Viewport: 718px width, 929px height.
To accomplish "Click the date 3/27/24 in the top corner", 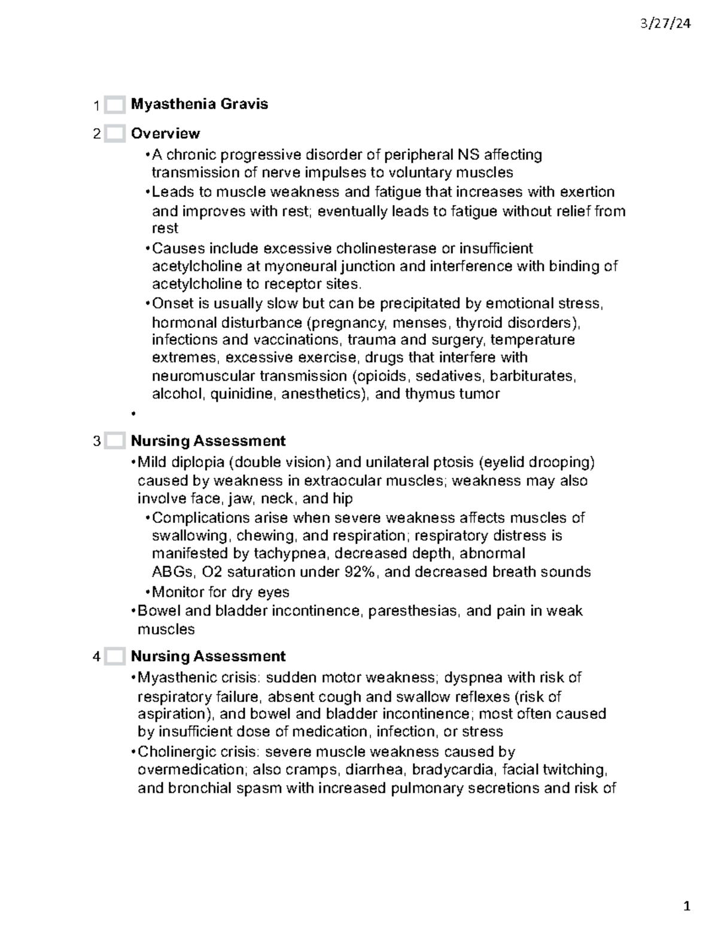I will [x=665, y=24].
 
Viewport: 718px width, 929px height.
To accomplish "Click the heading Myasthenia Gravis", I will [x=199, y=104].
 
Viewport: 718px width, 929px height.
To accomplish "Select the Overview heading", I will [x=165, y=133].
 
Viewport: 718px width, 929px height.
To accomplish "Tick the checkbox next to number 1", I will [x=114, y=105].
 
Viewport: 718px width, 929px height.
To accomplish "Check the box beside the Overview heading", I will [x=114, y=133].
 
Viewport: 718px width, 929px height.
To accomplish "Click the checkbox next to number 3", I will [x=114, y=441].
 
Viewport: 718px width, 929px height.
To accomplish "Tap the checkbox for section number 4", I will [x=114, y=657].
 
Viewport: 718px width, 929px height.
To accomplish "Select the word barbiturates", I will [x=534, y=376].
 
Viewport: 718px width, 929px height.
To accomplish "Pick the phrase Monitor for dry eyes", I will [x=220, y=592].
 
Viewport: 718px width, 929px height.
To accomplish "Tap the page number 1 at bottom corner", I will [x=687, y=906].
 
